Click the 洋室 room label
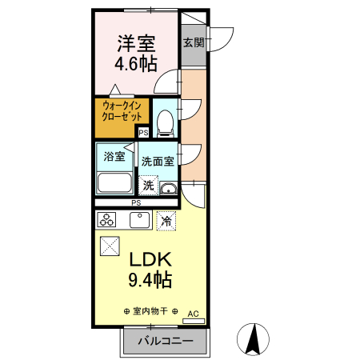click(137, 42)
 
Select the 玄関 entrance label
click(193, 42)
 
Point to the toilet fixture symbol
click(165, 122)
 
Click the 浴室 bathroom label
click(115, 156)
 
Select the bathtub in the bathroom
click(115, 182)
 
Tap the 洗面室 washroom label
click(158, 161)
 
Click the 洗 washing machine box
click(149, 185)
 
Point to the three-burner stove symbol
click(107, 219)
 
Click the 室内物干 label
click(150, 310)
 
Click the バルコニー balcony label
click(165, 340)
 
